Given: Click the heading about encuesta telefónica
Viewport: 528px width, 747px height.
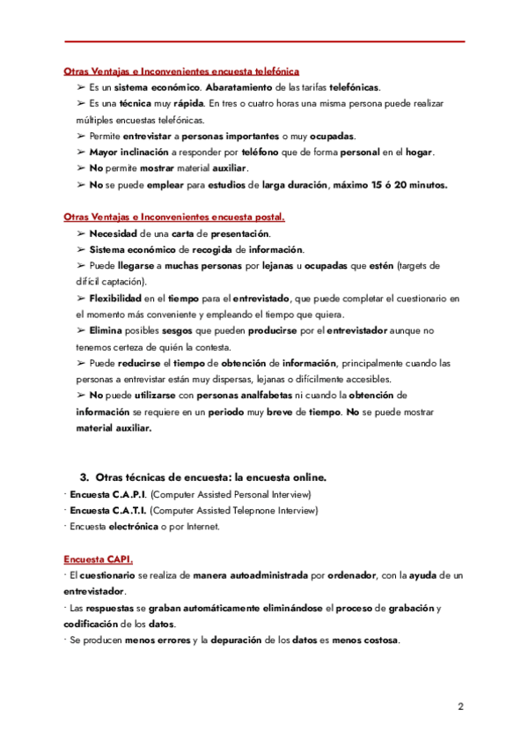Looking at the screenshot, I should (181, 71).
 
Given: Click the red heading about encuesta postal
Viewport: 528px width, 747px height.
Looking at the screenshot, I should (174, 217).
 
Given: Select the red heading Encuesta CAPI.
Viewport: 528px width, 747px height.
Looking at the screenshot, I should (99, 558).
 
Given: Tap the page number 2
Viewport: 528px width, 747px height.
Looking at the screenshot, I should (460, 707).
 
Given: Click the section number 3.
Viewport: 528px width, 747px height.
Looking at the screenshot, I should (84, 477).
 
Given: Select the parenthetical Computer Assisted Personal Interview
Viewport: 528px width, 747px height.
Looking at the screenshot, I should (231, 493).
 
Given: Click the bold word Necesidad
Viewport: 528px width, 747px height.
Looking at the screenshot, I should (113, 233).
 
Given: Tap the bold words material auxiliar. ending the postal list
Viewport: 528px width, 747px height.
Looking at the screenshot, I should (114, 428).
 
